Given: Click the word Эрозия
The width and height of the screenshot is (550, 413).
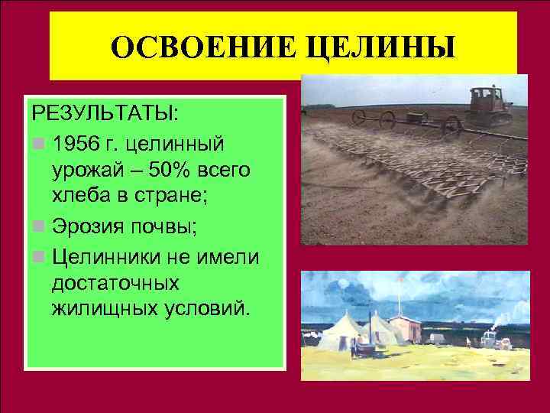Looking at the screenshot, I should coord(82,226).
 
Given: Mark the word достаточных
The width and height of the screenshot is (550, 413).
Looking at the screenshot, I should coord(115,283).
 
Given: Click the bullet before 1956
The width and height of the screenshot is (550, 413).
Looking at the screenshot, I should coord(40,143).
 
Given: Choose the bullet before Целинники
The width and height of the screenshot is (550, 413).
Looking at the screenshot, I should coord(40,255).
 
